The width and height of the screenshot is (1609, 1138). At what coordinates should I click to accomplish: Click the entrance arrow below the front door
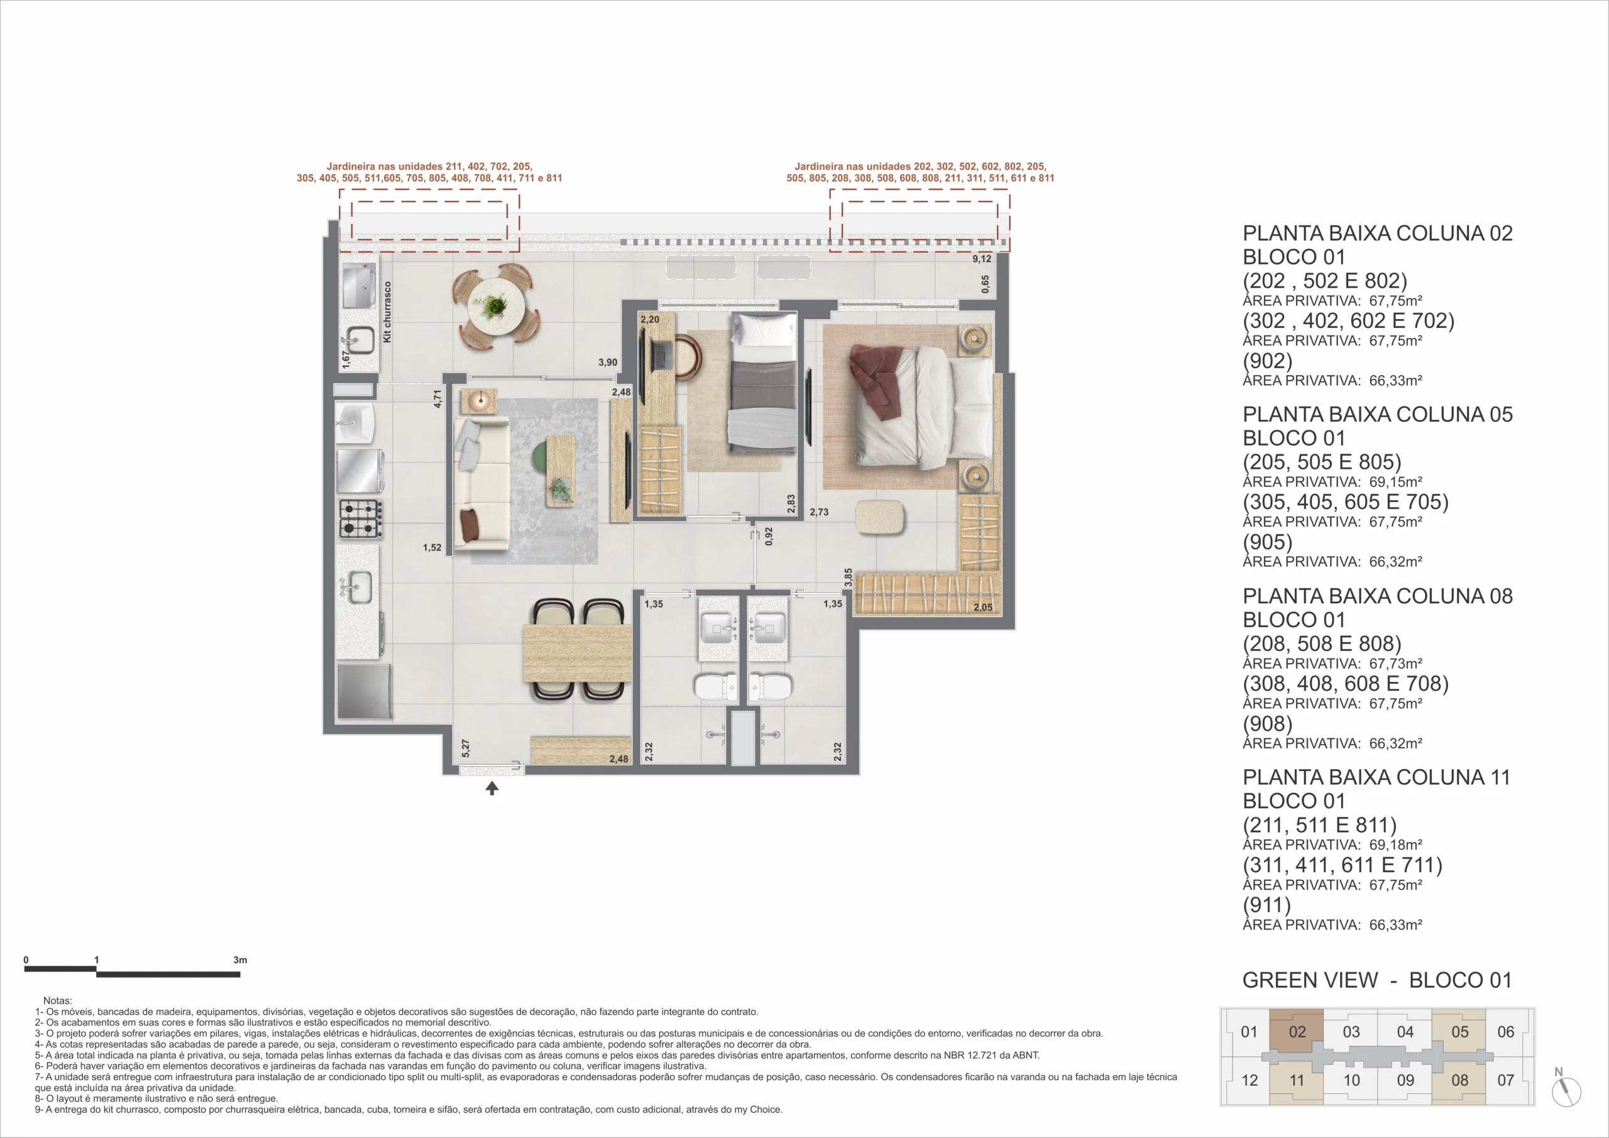point(492,789)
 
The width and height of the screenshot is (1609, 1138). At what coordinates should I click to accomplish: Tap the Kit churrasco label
point(388,312)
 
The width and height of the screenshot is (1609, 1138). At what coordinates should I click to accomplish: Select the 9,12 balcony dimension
point(982,258)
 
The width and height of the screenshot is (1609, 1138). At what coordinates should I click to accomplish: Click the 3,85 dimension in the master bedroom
point(848,577)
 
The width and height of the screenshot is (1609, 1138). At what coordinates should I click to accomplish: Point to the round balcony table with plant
point(495,307)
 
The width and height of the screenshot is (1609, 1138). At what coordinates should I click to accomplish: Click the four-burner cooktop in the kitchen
point(361,518)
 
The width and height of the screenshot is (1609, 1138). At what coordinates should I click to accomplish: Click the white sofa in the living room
point(482,483)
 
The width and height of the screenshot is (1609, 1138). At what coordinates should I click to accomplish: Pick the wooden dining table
point(577,653)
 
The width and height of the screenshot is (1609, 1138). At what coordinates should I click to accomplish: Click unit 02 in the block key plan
point(1297,1031)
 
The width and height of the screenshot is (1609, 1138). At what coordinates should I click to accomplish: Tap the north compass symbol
point(1566,1090)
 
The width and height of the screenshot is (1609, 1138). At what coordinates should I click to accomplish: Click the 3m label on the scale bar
point(239,960)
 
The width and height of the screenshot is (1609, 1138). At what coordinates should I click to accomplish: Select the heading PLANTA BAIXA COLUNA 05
point(1377,414)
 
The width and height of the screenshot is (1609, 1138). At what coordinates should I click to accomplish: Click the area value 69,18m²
point(1395,845)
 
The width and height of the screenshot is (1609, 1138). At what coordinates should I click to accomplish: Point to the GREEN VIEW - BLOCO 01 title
point(1377,980)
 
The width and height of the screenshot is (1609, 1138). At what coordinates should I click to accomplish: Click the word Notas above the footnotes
point(57,1000)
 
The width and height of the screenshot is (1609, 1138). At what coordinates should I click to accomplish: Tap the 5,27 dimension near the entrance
point(466,748)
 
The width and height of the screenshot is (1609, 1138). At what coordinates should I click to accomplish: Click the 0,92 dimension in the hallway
point(769,537)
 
